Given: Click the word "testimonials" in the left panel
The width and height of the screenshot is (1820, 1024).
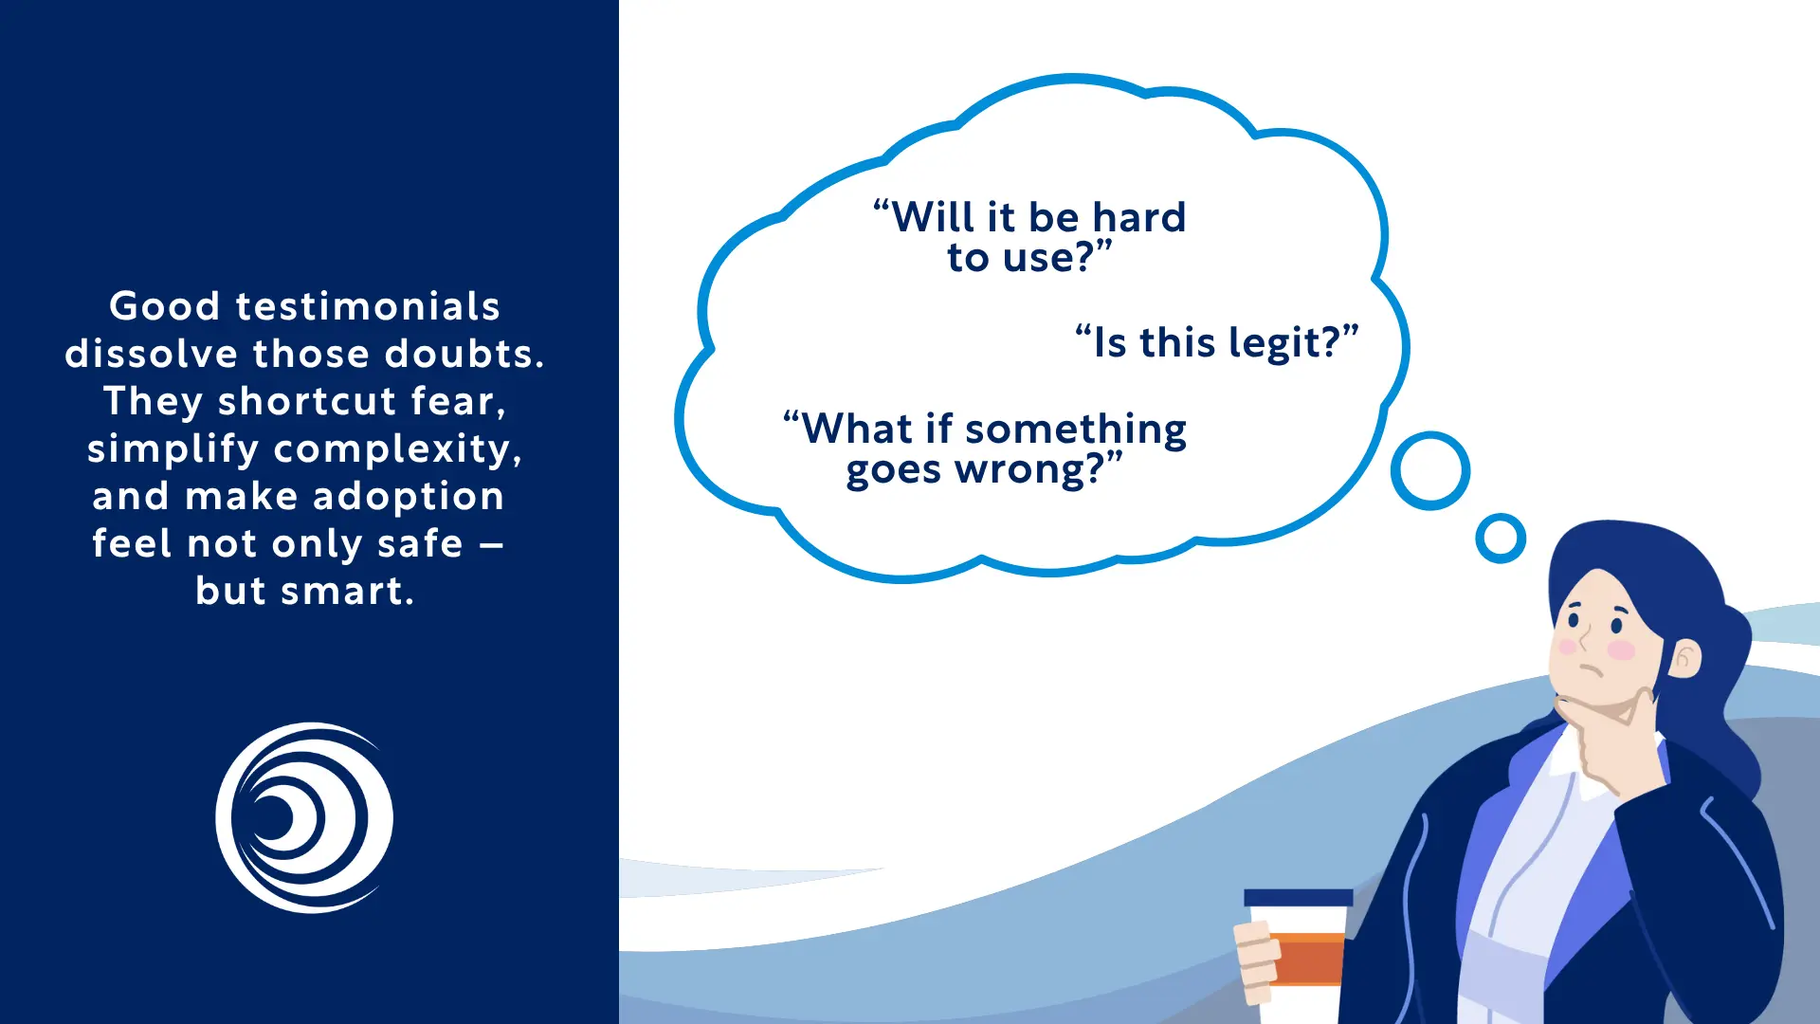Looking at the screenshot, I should click(368, 306).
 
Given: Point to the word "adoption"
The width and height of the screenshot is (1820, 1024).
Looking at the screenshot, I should click(409, 496).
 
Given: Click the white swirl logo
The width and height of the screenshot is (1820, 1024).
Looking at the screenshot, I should click(304, 817).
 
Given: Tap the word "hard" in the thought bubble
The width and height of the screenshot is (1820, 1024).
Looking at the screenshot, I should click(1138, 217).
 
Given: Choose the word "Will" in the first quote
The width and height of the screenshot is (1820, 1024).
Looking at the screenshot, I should click(933, 217).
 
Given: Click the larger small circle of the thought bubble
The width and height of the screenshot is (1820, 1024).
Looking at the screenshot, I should click(1430, 470).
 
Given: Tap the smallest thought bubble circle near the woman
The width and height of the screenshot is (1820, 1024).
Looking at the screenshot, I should click(1501, 539).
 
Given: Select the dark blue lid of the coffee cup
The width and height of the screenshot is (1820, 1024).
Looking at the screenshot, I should click(1298, 897).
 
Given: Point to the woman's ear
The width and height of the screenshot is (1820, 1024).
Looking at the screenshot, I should click(1684, 657).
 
